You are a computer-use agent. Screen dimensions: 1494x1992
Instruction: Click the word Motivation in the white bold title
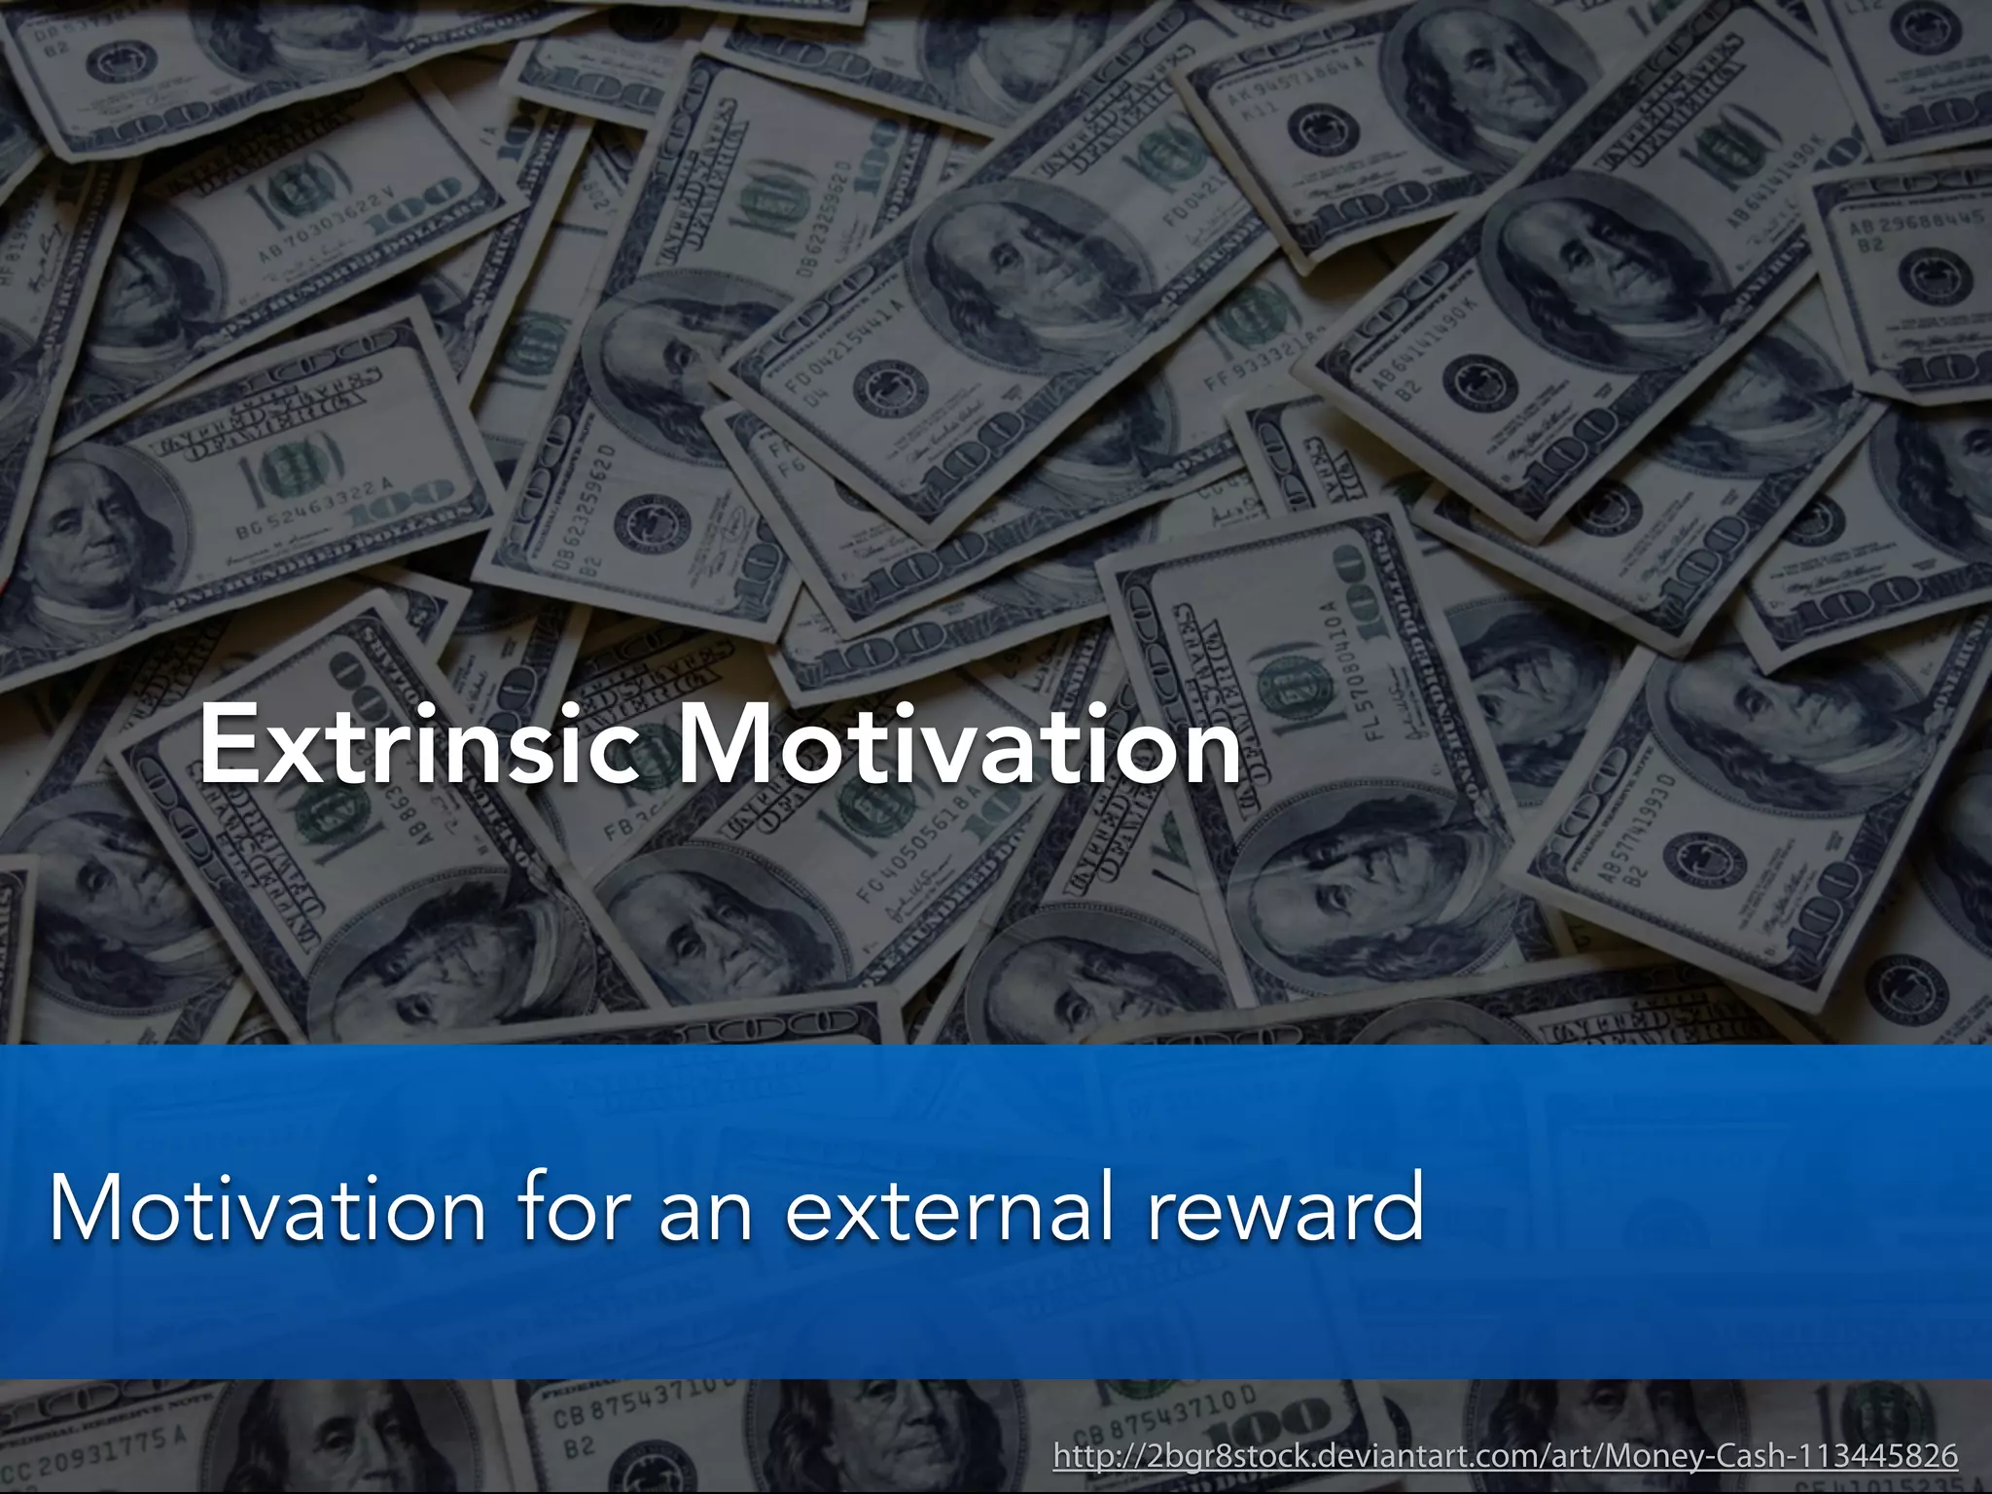pyautogui.click(x=958, y=744)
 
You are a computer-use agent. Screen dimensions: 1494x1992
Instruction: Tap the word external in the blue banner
pyautogui.click(x=948, y=1208)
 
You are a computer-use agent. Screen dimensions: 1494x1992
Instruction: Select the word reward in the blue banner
pyautogui.click(x=1286, y=1208)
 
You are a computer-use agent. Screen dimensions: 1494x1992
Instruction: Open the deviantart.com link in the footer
pyautogui.click(x=1506, y=1456)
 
